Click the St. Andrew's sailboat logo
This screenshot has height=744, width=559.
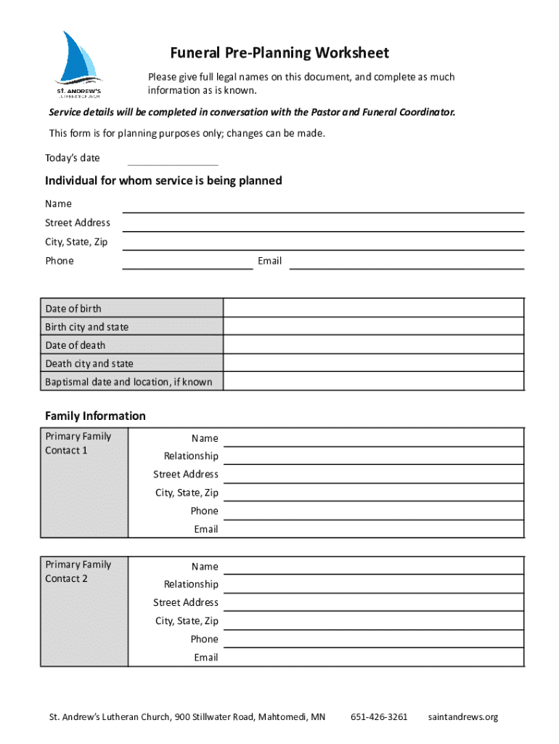[79, 64]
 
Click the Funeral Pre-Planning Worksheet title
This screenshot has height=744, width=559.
[279, 53]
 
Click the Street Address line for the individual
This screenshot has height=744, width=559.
[323, 224]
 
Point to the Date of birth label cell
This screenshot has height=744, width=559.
[132, 308]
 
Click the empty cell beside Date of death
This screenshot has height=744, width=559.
[373, 345]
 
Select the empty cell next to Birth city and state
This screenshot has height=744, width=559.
[373, 327]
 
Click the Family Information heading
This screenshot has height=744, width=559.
[95, 416]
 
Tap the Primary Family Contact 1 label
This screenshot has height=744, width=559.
[78, 443]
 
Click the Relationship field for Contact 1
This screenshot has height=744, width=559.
[373, 456]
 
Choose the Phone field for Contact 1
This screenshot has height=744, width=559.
[373, 511]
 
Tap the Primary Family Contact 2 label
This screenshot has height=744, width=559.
[78, 572]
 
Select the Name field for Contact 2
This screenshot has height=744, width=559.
[373, 567]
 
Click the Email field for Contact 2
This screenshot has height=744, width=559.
[373, 658]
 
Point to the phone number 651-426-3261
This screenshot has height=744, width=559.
[379, 717]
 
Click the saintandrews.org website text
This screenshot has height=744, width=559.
[463, 717]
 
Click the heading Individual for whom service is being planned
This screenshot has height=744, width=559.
[163, 180]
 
